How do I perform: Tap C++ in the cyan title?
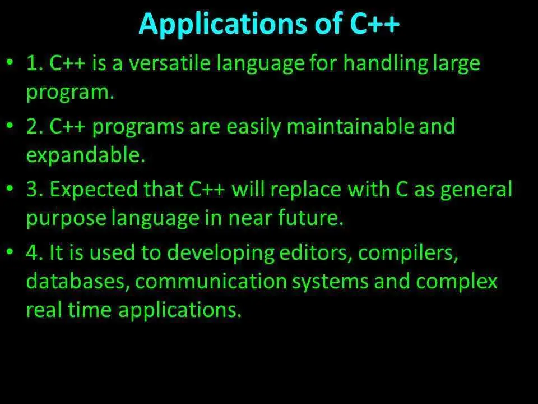[375, 24]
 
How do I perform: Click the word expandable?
[86, 155]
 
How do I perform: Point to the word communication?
[211, 281]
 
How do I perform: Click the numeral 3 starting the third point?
[33, 190]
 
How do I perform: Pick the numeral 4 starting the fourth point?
[33, 252]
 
